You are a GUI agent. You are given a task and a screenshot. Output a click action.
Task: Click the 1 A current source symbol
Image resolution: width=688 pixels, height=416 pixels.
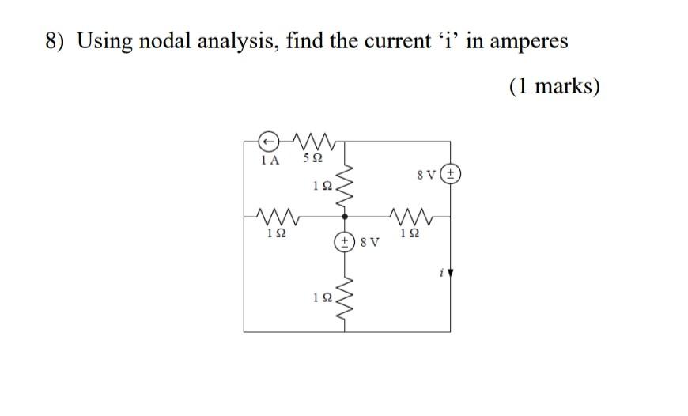269,141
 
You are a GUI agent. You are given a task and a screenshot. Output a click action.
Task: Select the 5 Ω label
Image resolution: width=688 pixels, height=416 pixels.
312,160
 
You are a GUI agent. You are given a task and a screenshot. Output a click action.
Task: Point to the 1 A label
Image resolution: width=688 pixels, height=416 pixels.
270,160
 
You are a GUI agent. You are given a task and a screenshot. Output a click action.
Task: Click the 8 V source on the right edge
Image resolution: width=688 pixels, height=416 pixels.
451,174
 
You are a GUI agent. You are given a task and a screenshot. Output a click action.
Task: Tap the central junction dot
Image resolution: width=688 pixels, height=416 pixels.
344,214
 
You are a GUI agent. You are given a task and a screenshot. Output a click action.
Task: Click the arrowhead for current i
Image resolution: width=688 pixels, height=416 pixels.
451,274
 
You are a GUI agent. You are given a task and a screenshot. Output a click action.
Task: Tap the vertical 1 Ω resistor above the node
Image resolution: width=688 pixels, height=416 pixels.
344,187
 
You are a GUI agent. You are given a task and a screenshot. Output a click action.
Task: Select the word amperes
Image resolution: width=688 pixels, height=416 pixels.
528,41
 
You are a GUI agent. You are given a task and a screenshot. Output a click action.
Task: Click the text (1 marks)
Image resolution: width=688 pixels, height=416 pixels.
554,85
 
